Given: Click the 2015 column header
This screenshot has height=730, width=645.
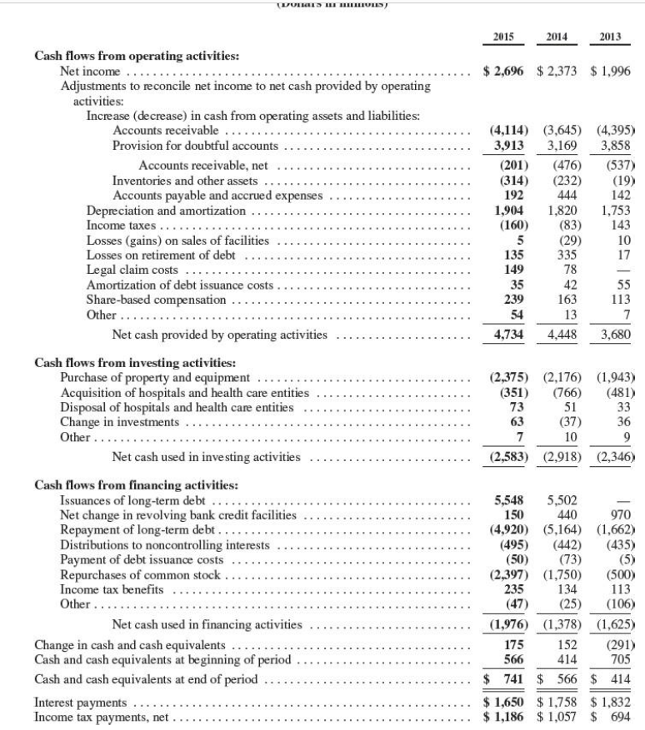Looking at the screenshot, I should tap(503, 37).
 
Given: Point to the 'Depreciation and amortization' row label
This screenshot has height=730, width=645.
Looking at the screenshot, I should tap(168, 211).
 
